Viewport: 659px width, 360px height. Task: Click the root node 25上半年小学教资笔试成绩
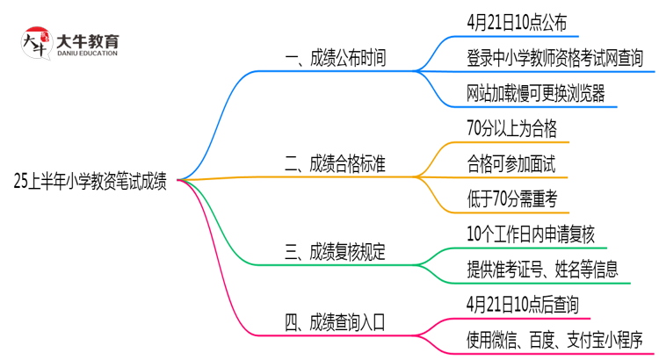click(91, 182)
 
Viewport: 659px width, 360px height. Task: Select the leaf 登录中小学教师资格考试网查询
click(555, 59)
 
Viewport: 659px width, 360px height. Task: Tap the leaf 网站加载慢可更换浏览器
click(536, 93)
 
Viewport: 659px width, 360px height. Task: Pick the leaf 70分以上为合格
click(512, 128)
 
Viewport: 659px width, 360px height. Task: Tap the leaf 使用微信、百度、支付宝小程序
click(555, 338)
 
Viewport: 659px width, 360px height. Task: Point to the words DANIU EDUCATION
click(92, 54)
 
